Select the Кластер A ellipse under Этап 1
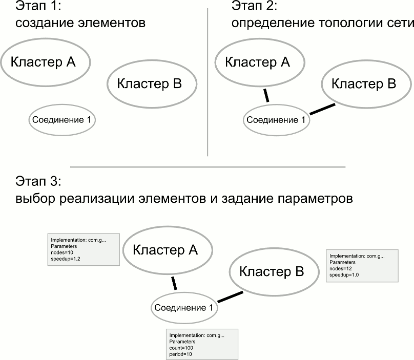pyautogui.click(x=45, y=61)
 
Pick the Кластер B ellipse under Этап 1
pyautogui.click(x=152, y=84)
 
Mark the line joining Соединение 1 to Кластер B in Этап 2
pyautogui.click(x=323, y=110)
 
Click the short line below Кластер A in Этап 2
pyautogui.click(x=265, y=95)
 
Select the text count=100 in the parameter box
pyautogui.click(x=181, y=348)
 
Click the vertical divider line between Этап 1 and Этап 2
pyautogui.click(x=207, y=82)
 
